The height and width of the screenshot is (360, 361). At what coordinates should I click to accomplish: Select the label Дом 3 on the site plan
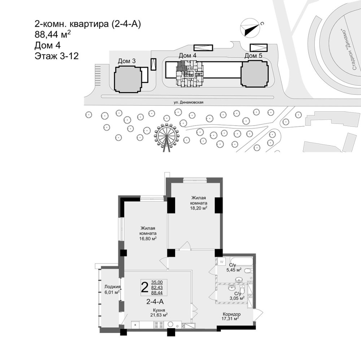point(127,61)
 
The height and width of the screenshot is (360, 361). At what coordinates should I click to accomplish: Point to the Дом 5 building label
point(253,56)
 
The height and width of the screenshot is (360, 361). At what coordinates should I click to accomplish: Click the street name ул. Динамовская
point(188,102)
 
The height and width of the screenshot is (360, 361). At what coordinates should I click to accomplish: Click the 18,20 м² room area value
point(199,208)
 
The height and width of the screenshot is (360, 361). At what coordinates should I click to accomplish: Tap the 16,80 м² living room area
point(148,238)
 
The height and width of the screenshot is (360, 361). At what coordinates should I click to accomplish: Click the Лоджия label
point(112,287)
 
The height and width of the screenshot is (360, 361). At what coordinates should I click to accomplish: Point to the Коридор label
point(232,314)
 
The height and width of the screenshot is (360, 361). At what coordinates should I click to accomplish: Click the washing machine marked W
point(222,262)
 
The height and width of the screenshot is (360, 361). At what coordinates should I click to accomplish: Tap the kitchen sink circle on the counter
point(171,324)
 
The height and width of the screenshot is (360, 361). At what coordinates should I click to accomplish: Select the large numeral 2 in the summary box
point(145,287)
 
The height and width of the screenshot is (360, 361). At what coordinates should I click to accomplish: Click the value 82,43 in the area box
point(157,287)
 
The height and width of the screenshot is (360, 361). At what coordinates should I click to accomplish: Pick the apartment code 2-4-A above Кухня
point(155,301)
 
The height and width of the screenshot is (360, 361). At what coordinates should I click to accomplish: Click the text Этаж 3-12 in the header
point(57,56)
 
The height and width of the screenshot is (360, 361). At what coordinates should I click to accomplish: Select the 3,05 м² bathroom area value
point(237,298)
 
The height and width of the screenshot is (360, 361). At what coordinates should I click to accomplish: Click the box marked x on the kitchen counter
point(135,325)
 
